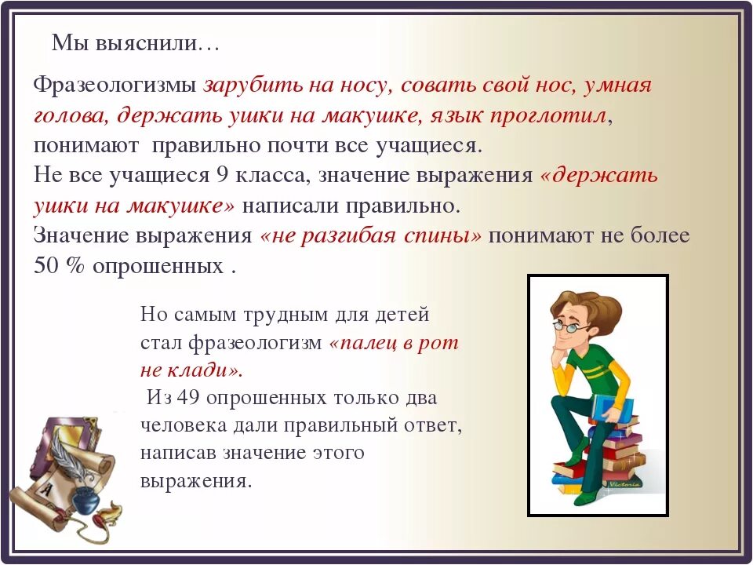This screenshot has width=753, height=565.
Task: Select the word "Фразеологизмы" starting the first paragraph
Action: pos(116,86)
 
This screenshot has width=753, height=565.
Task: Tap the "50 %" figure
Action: pos(59,266)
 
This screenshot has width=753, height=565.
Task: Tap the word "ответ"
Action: pos(434,425)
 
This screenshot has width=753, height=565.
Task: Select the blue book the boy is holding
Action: pos(613,408)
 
